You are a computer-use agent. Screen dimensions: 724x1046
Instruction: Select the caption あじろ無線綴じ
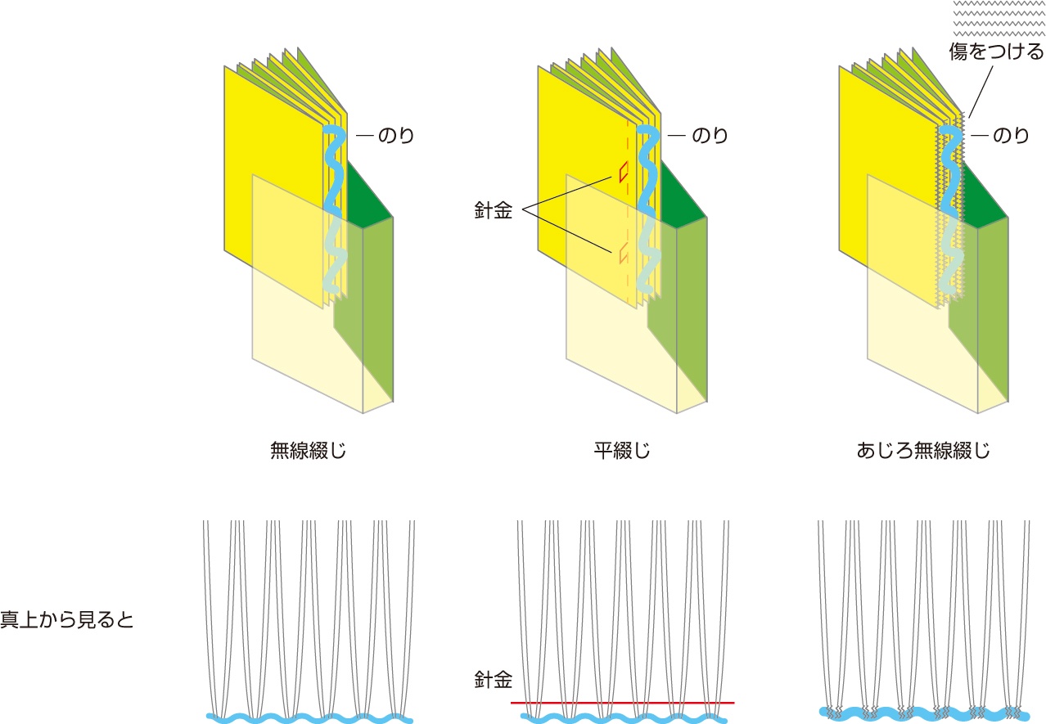[x=923, y=450]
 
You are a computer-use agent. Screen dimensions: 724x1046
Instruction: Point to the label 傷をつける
[x=996, y=52]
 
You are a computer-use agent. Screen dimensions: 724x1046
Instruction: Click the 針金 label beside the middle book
[x=493, y=210]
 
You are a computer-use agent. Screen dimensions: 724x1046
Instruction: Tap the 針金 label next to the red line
[x=493, y=678]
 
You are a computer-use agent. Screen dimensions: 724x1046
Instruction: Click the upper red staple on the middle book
[x=624, y=171]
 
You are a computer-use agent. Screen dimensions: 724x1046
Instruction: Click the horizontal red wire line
[x=622, y=703]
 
